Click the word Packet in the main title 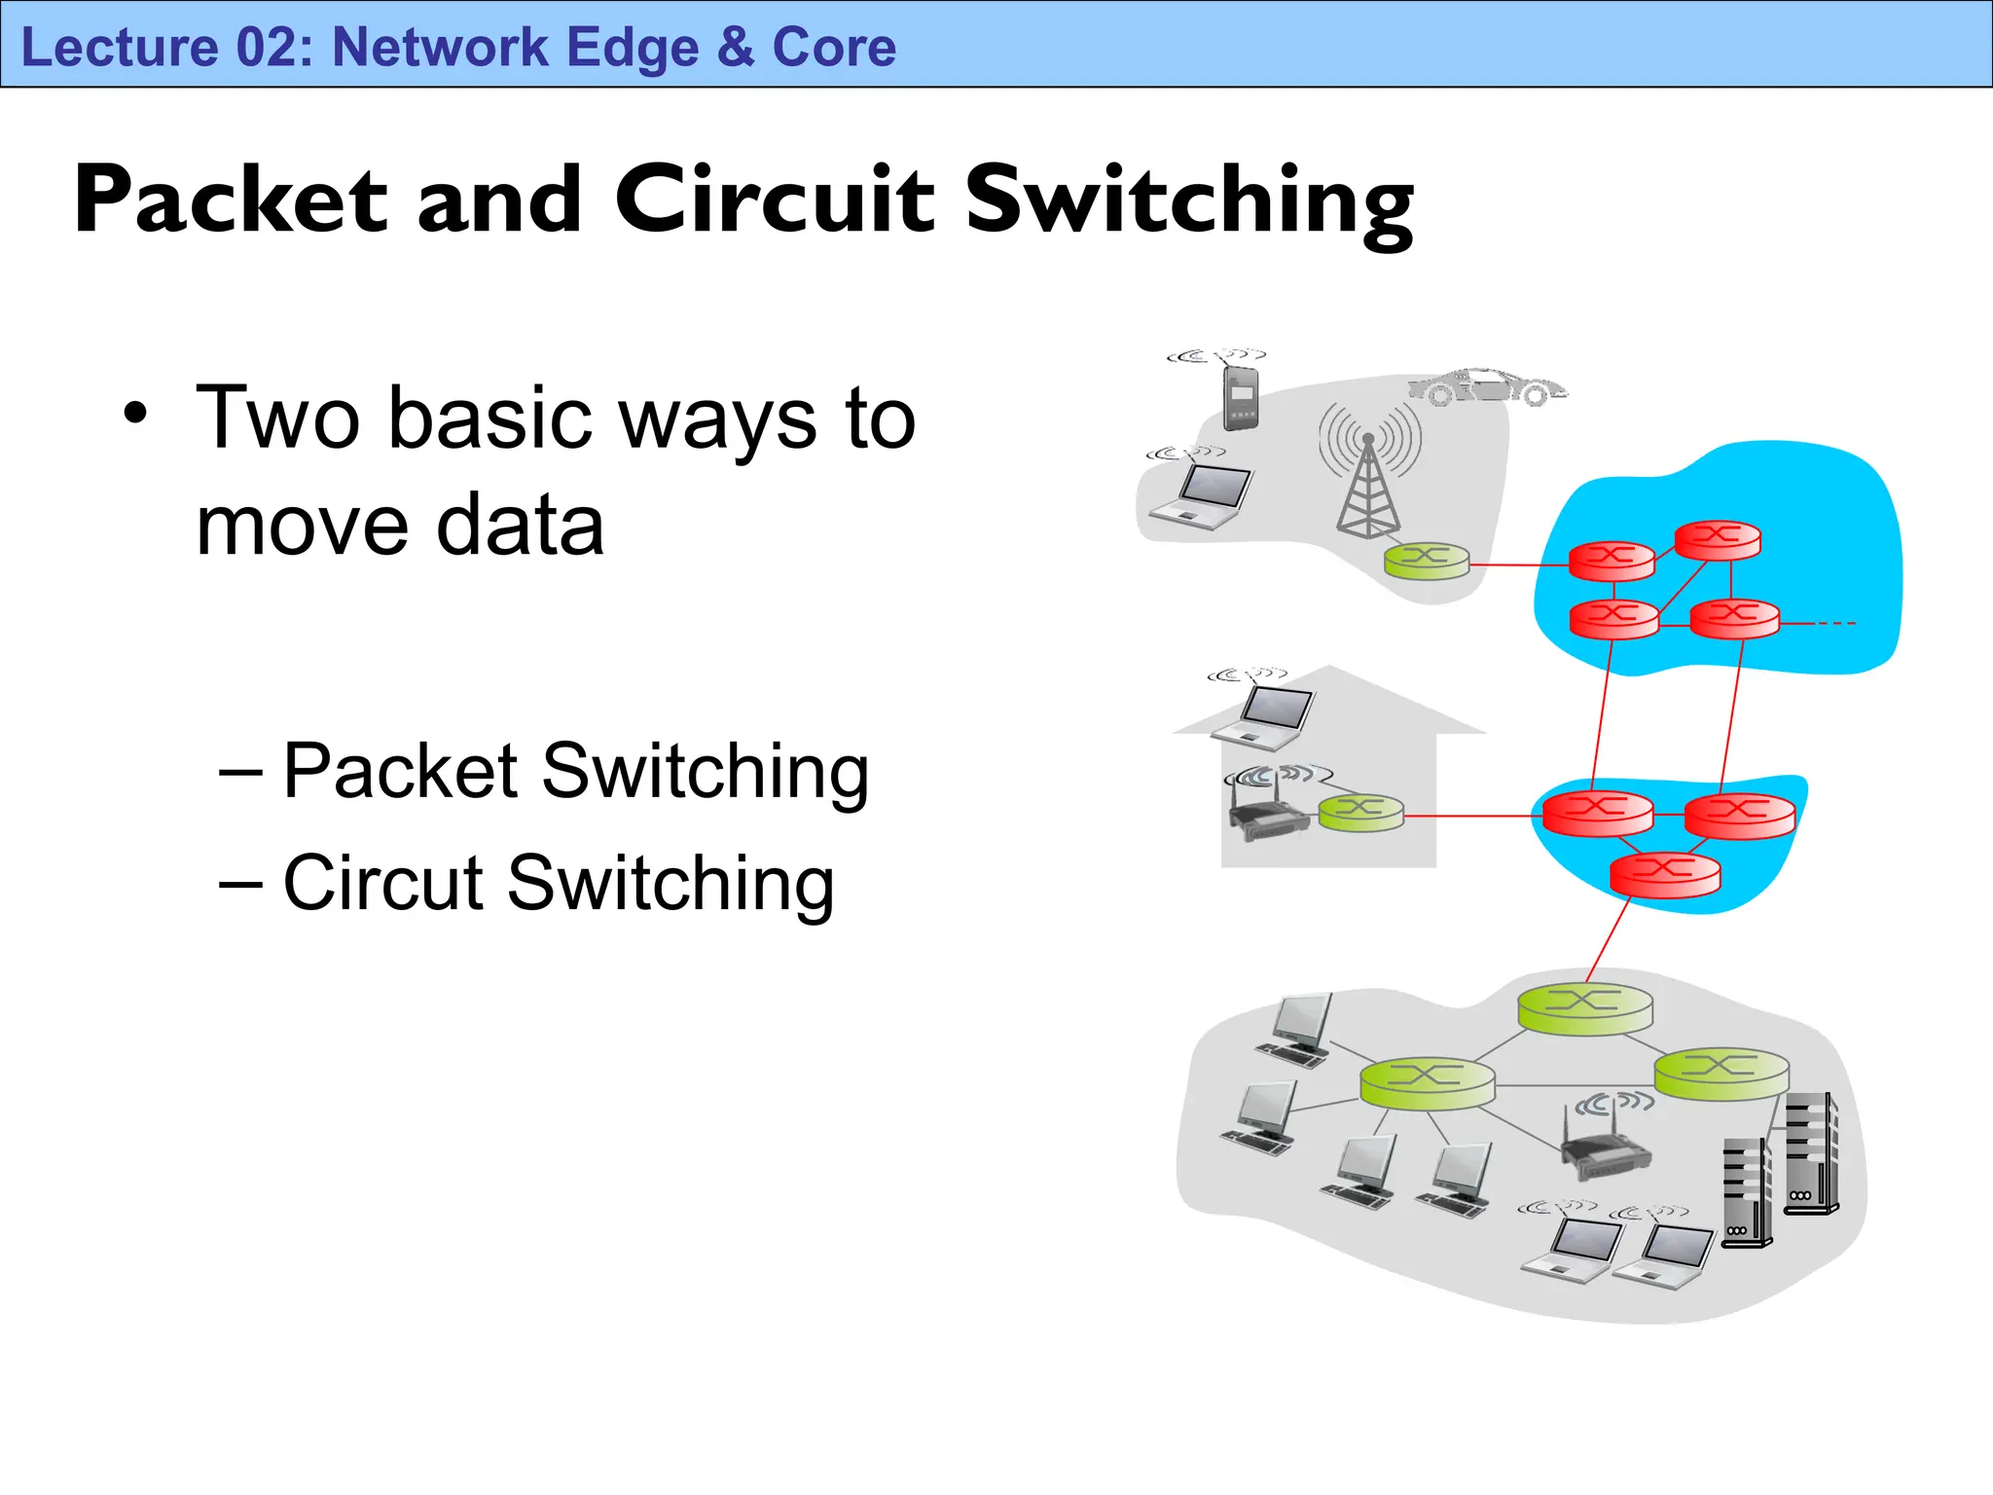[231, 200]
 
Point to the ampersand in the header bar [736, 47]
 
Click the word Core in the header [834, 47]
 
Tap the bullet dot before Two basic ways [135, 414]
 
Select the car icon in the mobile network [1488, 386]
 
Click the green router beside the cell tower [1427, 561]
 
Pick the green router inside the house [1360, 812]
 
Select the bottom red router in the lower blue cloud [1665, 872]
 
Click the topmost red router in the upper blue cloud [1718, 539]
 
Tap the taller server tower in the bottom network [1811, 1153]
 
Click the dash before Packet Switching [240, 772]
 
